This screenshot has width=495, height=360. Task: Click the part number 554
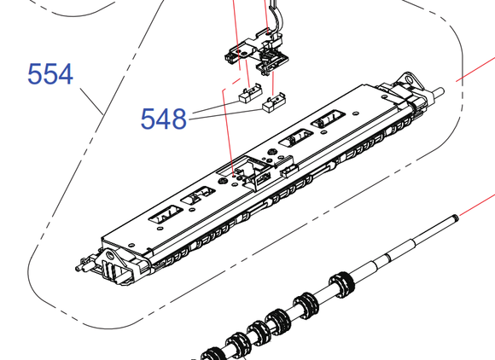click(x=50, y=74)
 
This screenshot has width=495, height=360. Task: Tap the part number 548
click(x=163, y=119)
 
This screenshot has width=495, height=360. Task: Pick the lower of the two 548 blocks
click(x=274, y=102)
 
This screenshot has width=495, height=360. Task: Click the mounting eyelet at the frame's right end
click(x=409, y=79)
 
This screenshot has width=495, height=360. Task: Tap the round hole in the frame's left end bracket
click(x=109, y=254)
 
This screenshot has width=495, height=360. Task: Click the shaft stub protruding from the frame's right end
click(x=438, y=92)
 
